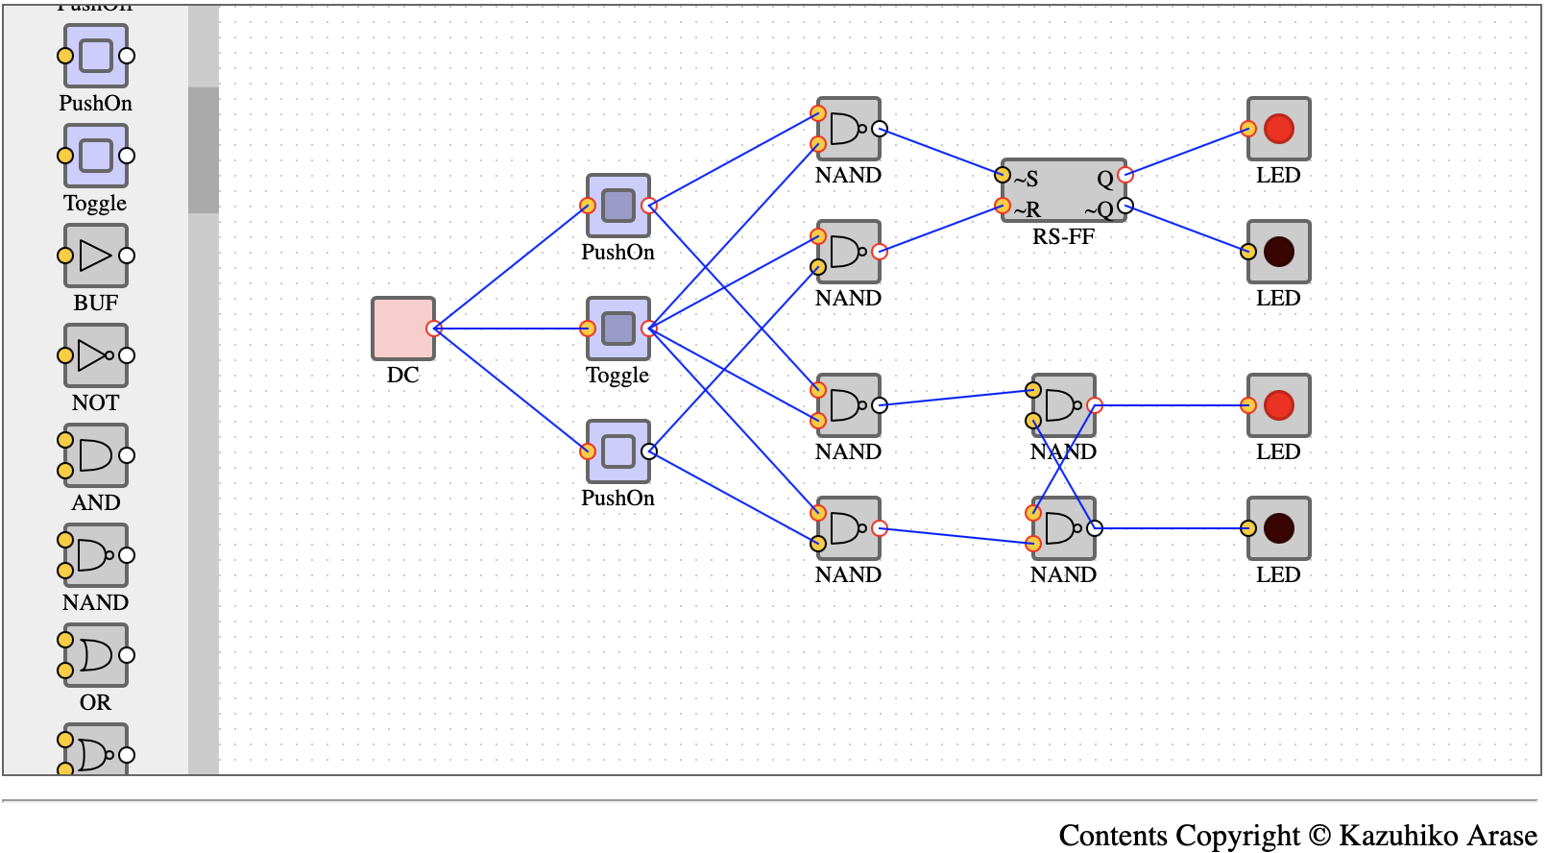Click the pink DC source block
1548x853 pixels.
403,329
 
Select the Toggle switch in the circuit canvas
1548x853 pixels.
618,329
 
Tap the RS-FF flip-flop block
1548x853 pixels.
1064,190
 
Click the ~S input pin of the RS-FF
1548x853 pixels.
1002,174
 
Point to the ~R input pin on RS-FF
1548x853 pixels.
1002,206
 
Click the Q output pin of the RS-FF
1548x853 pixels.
1125,174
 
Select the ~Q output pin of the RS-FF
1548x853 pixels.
1125,206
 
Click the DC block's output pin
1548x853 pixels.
434,329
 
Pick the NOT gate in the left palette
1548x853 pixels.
96,355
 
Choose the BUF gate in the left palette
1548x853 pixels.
96,256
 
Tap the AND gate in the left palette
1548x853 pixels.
96,455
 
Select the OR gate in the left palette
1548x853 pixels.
96,655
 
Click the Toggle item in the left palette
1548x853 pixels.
96,156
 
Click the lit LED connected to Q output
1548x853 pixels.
1278,129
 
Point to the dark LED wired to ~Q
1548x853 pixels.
1278,252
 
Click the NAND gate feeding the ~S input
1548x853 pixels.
849,129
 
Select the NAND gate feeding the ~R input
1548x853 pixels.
849,252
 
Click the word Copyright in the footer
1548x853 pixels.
1238,836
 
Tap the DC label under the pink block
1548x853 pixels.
403,375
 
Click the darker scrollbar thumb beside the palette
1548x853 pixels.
204,150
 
